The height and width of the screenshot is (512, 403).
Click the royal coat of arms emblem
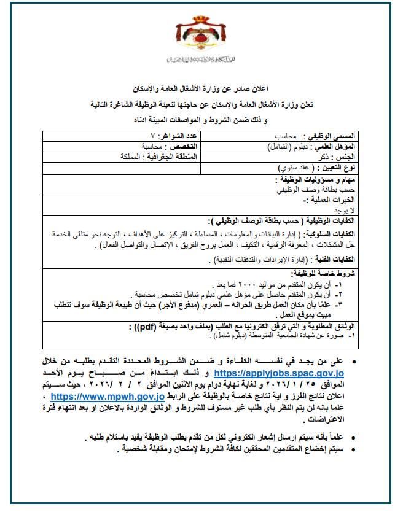pyautogui.click(x=202, y=37)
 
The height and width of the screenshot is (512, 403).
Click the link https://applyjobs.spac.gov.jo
pyautogui.click(x=281, y=373)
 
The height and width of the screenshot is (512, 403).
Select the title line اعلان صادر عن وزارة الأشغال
pyautogui.click(x=201, y=90)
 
